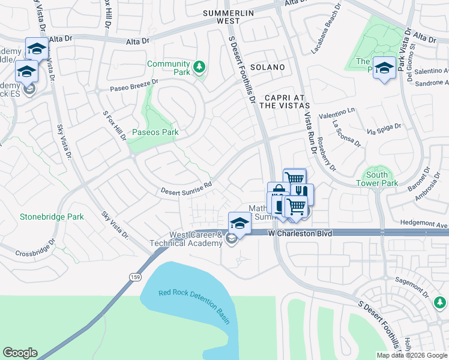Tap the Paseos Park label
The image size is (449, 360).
pyautogui.click(x=155, y=132)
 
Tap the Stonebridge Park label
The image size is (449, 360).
pyautogui.click(x=52, y=216)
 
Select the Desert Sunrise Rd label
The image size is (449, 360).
pyautogui.click(x=186, y=188)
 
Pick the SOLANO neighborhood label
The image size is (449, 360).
pyautogui.click(x=267, y=67)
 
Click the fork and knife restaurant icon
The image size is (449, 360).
pyautogui.click(x=302, y=193)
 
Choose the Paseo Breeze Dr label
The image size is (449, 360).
pyautogui.click(x=134, y=85)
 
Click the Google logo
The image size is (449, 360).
pyautogui.click(x=20, y=353)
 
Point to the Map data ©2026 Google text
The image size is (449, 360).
pyautogui.click(x=411, y=355)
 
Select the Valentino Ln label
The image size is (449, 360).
pyautogui.click(x=337, y=112)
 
